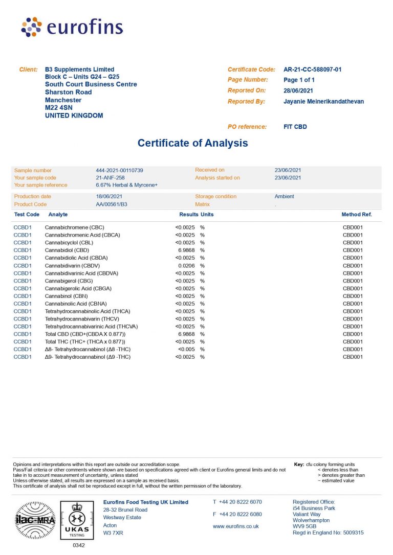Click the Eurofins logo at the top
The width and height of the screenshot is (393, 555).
tap(72, 27)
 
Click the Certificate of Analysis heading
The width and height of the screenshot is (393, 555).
tap(192, 143)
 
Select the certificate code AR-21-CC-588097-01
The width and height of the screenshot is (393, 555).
tap(312, 70)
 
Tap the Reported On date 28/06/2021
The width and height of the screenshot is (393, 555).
tap(298, 90)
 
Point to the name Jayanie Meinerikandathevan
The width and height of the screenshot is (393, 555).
tap(323, 101)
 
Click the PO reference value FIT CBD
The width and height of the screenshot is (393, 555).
tap(295, 126)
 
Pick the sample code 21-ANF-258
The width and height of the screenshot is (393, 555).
tap(110, 178)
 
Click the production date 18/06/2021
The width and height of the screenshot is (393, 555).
tap(109, 196)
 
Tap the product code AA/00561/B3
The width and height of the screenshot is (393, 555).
tap(112, 204)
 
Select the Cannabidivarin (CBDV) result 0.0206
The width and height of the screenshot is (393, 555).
tap(188, 266)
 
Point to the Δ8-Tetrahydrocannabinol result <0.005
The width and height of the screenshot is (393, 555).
tap(186, 349)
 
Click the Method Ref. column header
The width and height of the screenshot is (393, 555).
tap(357, 215)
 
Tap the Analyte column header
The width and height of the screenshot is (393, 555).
tap(58, 215)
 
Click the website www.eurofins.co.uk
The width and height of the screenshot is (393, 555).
tap(235, 526)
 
